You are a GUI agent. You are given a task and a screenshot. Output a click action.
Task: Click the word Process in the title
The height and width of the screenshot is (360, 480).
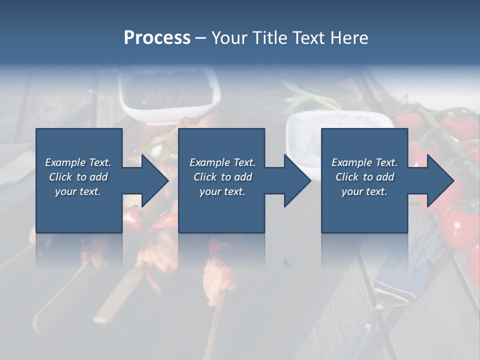point(157,37)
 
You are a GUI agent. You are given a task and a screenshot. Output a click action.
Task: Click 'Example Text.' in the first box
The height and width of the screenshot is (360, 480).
point(78,162)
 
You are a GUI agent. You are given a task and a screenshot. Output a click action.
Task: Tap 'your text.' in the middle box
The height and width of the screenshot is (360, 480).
point(222,191)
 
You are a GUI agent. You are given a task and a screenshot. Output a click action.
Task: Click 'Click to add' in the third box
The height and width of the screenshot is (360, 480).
point(364,177)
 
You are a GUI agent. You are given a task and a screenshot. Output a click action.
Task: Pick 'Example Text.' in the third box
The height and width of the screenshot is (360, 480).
point(364,162)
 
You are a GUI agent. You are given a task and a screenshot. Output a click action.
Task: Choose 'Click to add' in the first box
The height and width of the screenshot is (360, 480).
point(78,177)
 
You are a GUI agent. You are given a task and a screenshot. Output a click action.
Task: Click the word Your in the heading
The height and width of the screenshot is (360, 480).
point(230,37)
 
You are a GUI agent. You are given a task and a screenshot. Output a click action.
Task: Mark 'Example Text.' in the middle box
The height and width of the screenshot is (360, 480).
point(222,162)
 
